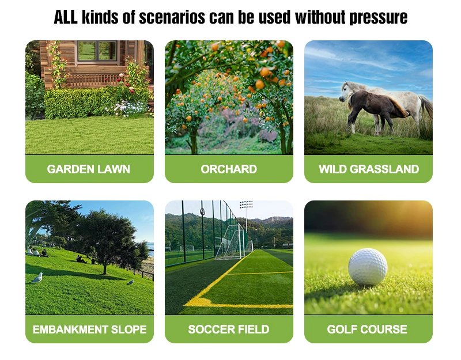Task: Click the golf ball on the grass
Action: [x=368, y=266]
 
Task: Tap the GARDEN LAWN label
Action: [x=89, y=169]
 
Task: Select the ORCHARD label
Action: [x=229, y=169]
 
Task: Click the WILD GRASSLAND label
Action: [x=368, y=169]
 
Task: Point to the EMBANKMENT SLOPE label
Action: [x=89, y=329]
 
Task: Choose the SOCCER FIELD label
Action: [x=229, y=329]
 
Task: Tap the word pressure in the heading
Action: [x=379, y=17]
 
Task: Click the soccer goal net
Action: [x=233, y=242]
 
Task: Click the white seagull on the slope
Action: [x=37, y=278]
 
